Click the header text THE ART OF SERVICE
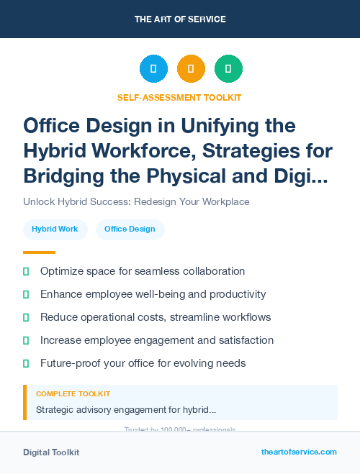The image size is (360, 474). point(180,19)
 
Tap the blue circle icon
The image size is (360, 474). point(153,68)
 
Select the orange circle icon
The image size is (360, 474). point(191,68)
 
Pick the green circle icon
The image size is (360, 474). point(228,68)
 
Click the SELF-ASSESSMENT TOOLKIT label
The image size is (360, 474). point(179,97)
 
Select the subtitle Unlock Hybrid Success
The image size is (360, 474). point(136,201)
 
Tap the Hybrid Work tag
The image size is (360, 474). point(55,229)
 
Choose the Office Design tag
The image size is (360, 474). point(130,229)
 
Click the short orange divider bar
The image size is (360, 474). point(39,252)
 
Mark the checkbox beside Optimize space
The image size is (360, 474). point(26,271)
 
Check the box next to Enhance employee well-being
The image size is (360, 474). point(26,294)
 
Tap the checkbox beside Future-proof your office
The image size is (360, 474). point(26,363)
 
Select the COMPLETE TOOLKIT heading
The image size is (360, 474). point(73,394)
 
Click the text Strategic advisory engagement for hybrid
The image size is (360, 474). point(126,410)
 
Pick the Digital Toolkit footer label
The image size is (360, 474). point(51,452)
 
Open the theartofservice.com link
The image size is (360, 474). point(299,452)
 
